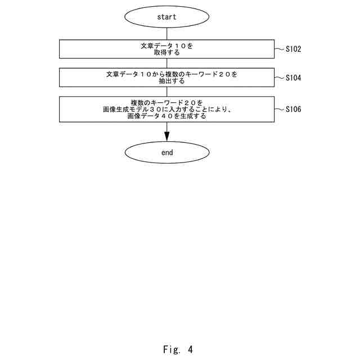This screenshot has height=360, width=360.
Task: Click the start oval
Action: pos(166,17)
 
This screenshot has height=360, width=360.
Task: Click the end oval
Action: pos(166,152)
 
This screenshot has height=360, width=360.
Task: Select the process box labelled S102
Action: pos(166,49)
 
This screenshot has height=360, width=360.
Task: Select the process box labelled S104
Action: pos(166,78)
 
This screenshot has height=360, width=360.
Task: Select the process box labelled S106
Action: pos(166,110)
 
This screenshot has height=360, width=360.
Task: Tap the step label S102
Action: pos(293,49)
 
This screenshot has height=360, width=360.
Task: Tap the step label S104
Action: pos(293,78)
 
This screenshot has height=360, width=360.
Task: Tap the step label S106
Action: pos(293,110)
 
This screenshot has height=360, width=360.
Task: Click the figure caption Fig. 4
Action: pos(178,349)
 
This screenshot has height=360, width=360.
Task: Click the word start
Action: pos(166,17)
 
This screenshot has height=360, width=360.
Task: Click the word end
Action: pos(166,152)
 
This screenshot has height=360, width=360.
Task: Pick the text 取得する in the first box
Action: pos(166,53)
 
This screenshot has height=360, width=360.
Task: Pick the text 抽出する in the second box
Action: pos(166,82)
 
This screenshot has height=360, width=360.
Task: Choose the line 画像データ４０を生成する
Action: pos(166,117)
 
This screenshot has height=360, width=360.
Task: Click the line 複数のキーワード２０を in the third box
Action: pos(166,102)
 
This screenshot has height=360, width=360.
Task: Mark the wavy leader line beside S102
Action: pos(279,49)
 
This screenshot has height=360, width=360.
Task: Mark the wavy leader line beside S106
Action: pos(279,110)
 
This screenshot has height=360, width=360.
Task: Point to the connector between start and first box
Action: pos(166,34)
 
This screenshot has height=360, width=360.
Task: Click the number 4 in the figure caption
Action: pos(190,349)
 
